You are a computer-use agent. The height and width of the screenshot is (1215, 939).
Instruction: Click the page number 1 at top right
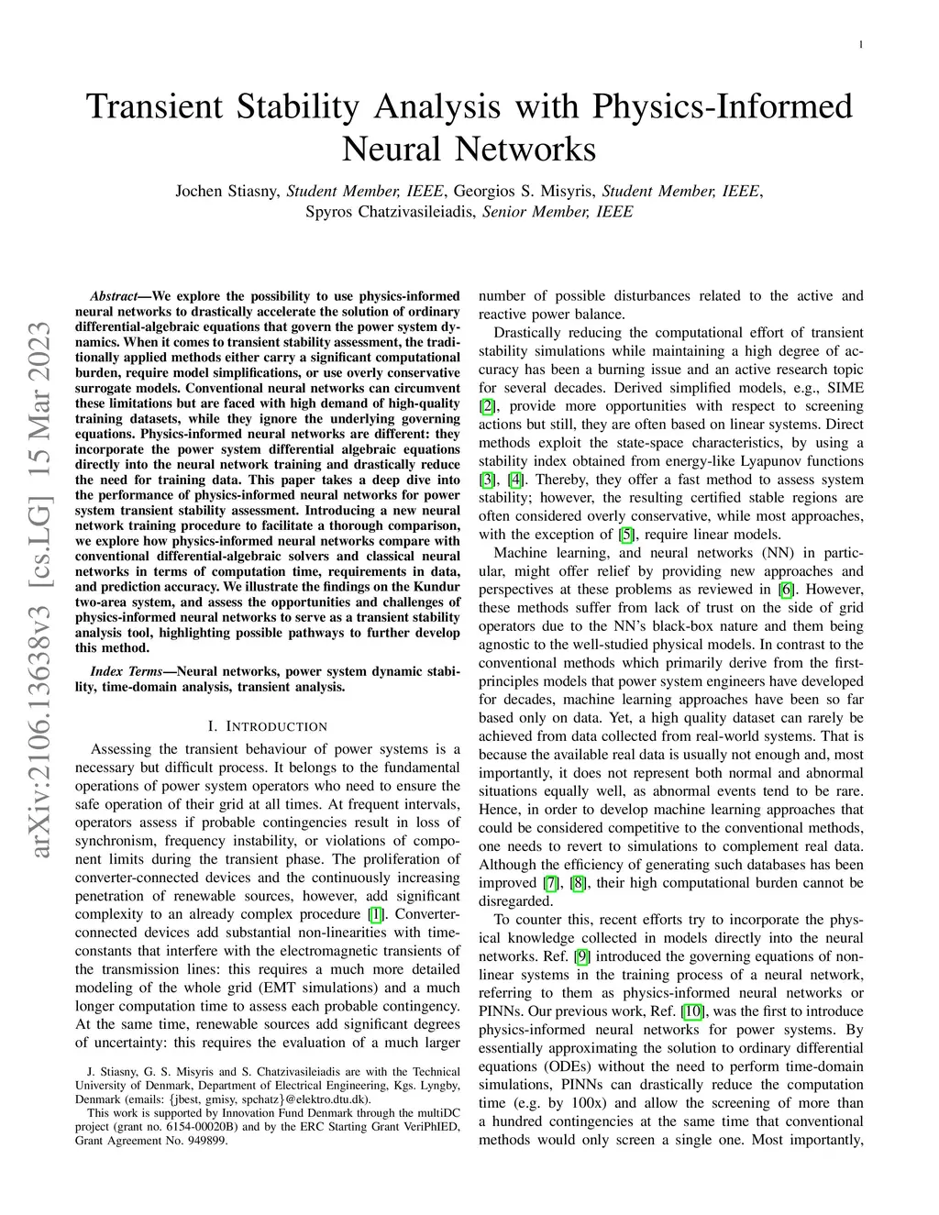pyautogui.click(x=861, y=45)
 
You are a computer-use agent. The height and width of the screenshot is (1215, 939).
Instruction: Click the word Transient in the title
pyautogui.click(x=155, y=105)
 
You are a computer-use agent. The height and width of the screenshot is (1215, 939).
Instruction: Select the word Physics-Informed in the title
pyautogui.click(x=723, y=105)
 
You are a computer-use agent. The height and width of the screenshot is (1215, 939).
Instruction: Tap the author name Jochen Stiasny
pyautogui.click(x=226, y=192)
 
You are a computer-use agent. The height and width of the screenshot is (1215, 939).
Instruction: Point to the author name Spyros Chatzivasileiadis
pyautogui.click(x=389, y=212)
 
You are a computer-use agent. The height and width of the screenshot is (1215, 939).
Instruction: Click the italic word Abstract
pyautogui.click(x=114, y=296)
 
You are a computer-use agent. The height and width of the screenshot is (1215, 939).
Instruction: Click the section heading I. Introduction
pyautogui.click(x=267, y=726)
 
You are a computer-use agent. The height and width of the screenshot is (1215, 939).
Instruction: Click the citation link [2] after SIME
pyautogui.click(x=486, y=406)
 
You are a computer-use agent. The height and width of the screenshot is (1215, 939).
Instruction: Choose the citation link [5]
pyautogui.click(x=626, y=535)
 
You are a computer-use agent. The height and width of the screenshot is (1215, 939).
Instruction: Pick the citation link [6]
pyautogui.click(x=786, y=590)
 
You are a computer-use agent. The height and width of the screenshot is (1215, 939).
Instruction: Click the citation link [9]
pyautogui.click(x=582, y=956)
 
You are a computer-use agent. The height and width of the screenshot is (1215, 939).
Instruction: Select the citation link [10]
pyautogui.click(x=693, y=1011)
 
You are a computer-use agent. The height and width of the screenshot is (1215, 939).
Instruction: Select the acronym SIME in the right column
pyautogui.click(x=845, y=388)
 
